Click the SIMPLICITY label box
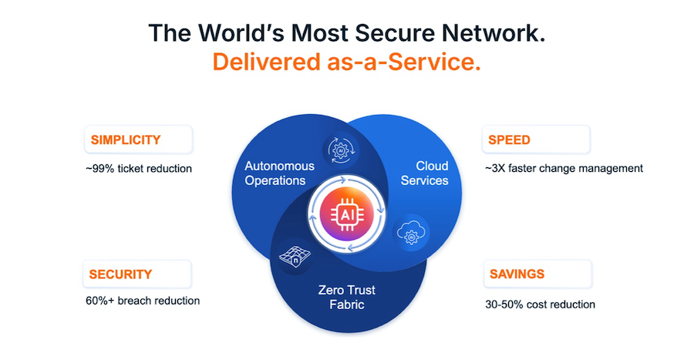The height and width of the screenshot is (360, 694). click(138, 140)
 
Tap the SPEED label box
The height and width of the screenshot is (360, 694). click(536, 140)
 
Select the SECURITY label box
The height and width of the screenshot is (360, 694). click(137, 274)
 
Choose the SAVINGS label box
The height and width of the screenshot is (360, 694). click(537, 274)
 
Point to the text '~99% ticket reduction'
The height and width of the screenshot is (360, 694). click(138, 168)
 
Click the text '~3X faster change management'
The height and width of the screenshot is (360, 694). click(564, 168)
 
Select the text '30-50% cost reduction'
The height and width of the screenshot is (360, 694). click(540, 304)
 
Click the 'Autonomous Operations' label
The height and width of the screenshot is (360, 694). click(279, 173)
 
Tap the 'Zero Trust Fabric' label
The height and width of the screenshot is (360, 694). click(346, 298)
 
